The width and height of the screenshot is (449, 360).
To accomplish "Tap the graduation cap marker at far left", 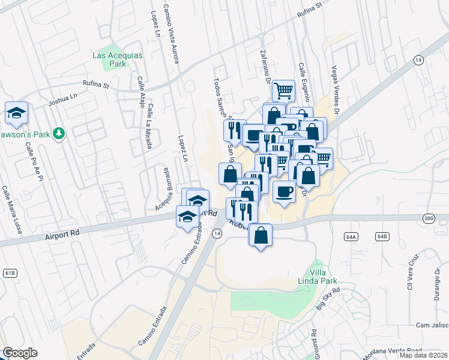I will [16, 112].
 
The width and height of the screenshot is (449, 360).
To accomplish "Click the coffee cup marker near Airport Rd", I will [285, 191].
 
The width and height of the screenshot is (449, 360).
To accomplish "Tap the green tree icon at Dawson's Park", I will [59, 133].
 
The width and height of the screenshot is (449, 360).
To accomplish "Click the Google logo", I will [20, 353].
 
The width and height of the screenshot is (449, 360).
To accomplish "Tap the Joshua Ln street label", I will [64, 99].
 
